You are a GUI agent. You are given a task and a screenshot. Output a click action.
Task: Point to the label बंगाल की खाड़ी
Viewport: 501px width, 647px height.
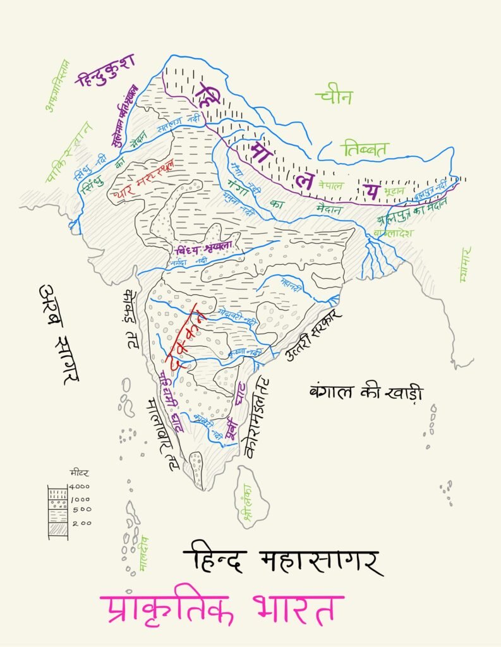[x=365, y=391]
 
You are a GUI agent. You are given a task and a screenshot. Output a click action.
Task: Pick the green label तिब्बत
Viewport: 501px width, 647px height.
[x=365, y=149]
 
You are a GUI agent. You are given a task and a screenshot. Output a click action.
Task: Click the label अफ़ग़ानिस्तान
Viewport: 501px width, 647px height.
[x=57, y=86]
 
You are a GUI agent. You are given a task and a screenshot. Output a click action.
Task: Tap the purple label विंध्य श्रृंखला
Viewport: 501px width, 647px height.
[x=205, y=247]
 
